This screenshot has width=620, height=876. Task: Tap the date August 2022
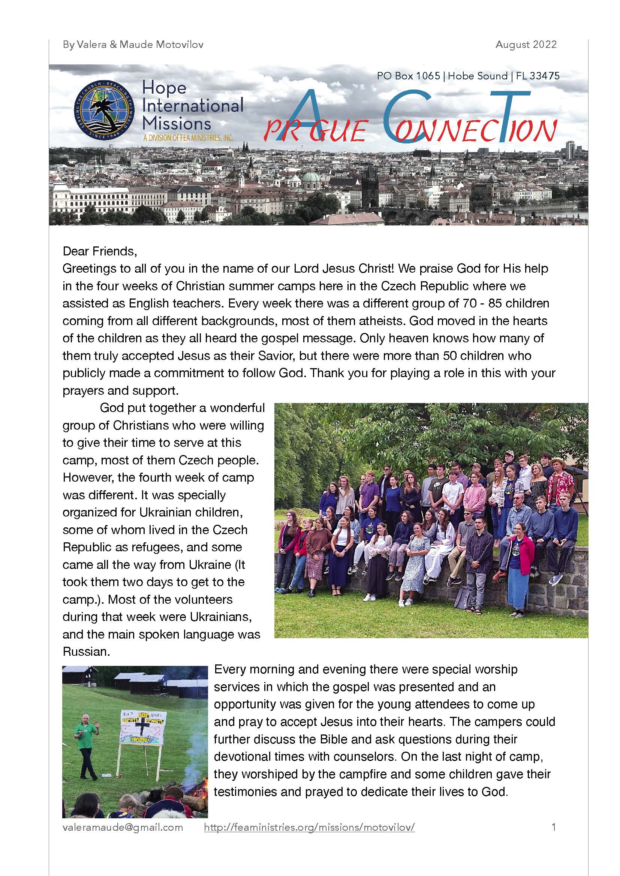(x=526, y=45)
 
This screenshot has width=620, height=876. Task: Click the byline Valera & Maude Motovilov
(x=133, y=45)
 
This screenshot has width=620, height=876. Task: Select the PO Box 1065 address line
(x=468, y=76)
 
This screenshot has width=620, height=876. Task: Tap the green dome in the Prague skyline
(x=311, y=177)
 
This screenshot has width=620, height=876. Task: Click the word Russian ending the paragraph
(x=86, y=652)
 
